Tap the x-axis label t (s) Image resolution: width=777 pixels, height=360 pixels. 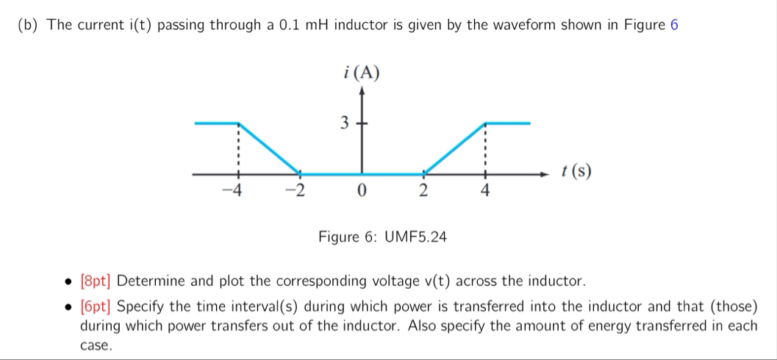576,172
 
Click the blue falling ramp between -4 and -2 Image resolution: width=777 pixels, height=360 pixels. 268,148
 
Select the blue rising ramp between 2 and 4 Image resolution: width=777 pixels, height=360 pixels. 454,148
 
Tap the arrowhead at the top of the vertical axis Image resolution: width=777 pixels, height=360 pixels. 360,91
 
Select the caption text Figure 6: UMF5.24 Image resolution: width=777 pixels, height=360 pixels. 382,237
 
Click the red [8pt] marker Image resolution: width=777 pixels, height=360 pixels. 96,281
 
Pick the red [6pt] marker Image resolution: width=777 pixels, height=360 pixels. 96,306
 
